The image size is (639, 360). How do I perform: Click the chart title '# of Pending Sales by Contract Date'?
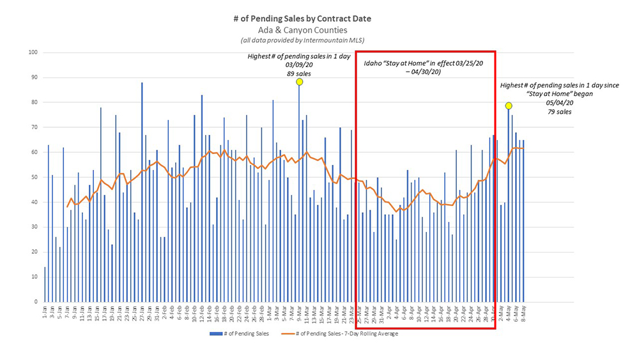302,19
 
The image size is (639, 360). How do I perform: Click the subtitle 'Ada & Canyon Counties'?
302,29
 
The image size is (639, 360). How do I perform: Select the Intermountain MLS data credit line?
302,40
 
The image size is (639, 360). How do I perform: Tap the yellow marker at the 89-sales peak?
299,82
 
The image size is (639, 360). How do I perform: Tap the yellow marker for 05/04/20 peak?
509,106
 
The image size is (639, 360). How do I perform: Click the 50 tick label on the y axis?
33,177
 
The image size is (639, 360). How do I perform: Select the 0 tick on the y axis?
35,302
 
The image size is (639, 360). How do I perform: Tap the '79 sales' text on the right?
559,111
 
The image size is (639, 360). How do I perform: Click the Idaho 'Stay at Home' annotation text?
424,68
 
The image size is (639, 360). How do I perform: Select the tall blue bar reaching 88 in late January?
142,192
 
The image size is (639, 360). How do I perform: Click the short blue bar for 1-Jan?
45,285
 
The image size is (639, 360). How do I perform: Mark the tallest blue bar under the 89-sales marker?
299,192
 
